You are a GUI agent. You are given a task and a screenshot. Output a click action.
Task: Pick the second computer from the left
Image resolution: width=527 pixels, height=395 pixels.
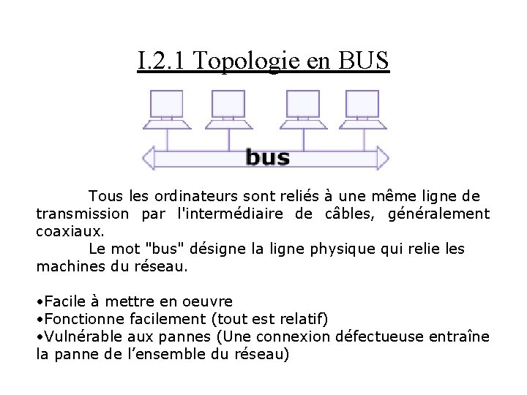[228, 110]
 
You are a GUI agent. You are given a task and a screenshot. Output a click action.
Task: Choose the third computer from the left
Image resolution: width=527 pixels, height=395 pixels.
[302, 110]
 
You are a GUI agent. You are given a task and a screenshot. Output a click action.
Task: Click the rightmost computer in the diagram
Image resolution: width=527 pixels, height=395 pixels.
[362, 110]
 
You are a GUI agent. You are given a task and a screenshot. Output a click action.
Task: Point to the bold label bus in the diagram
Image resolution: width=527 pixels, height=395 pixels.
[267, 157]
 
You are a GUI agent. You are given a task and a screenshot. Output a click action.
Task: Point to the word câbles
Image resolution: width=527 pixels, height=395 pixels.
[348, 214]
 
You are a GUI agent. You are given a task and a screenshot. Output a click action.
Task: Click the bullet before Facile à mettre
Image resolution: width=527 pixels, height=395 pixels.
[40, 301]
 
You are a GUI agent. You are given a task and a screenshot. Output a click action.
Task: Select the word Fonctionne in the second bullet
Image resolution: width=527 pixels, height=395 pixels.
[85, 319]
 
